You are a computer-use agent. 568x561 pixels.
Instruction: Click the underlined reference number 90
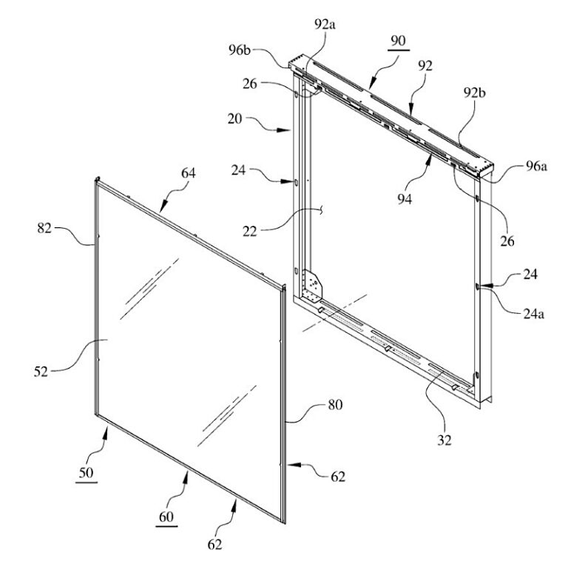point(398,40)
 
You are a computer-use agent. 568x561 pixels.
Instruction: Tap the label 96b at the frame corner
point(240,50)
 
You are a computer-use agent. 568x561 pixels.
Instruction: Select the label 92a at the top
point(325,24)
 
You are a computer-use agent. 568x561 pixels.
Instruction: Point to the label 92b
point(475,93)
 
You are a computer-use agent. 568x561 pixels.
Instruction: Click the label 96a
point(536,166)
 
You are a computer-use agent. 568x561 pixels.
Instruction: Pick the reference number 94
point(405,198)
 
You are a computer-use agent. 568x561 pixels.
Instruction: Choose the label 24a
point(533,314)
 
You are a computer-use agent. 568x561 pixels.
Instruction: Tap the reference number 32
point(444,440)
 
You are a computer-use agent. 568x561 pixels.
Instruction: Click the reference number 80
point(335,404)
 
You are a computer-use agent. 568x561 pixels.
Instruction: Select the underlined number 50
point(87,473)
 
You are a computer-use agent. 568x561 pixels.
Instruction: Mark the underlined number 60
point(166,517)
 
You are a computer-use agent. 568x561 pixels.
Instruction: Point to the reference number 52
point(41,372)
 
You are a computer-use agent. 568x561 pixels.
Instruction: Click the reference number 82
point(44,228)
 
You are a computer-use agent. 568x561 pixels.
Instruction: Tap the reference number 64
point(189,173)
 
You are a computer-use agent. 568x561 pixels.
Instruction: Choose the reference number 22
point(249,231)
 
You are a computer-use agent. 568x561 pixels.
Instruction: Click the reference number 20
point(234,118)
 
